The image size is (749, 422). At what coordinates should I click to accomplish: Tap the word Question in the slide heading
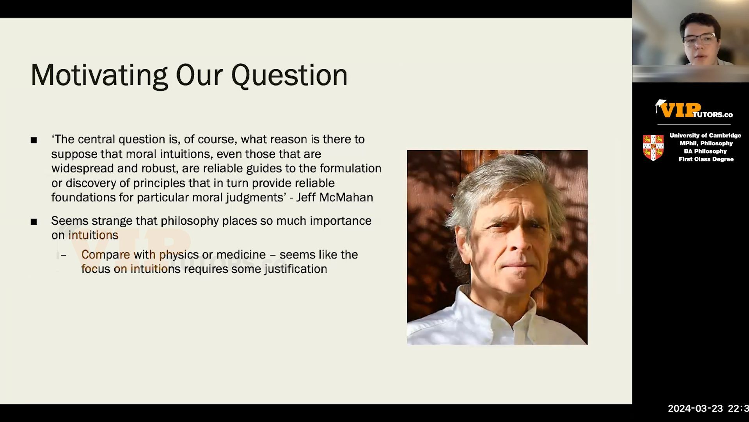tap(289, 75)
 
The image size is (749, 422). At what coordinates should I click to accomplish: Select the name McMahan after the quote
tap(346, 197)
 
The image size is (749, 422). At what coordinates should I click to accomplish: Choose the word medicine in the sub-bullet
tap(241, 255)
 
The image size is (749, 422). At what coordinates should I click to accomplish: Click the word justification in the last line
tap(296, 269)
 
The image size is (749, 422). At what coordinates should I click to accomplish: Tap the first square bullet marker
tap(34, 140)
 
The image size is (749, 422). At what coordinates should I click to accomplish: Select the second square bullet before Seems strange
tap(34, 222)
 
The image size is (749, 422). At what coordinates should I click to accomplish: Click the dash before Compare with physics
tap(64, 255)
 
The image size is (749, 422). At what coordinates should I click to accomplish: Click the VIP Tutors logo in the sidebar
tap(694, 109)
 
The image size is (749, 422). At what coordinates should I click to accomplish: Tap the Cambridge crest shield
tap(653, 148)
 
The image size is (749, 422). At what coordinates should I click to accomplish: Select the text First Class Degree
tap(706, 159)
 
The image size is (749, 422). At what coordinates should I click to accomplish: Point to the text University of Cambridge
tap(705, 135)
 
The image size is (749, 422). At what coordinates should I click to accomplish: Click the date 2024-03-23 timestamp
tap(695, 409)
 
